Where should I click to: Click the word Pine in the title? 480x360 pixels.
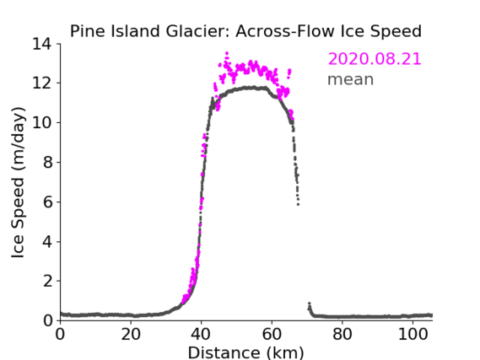[89, 31]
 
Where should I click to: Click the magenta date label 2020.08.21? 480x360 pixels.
[375, 59]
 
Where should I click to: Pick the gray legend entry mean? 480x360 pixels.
[351, 79]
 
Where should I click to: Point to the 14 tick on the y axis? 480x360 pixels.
[42, 45]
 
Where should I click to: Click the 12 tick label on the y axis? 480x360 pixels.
[42, 83]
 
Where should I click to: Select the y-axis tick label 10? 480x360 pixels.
[42, 122]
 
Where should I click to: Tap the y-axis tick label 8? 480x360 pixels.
[47, 162]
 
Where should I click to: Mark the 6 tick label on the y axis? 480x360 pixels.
[47, 201]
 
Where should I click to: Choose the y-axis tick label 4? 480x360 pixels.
[47, 242]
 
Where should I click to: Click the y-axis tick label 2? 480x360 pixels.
[47, 281]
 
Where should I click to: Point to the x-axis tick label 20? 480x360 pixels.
[131, 335]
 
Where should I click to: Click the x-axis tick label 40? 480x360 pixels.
[201, 335]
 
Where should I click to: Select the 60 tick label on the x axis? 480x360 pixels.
[272, 335]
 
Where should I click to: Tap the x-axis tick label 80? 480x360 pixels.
[342, 335]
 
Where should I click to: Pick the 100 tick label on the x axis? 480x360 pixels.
[413, 335]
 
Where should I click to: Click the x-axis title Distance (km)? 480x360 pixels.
[245, 353]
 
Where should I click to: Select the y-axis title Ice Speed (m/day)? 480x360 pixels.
[18, 183]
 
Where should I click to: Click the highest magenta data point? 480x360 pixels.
[227, 53]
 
